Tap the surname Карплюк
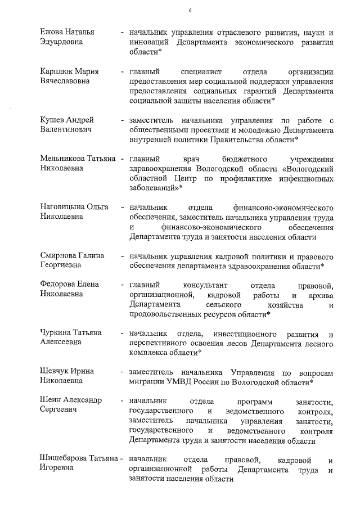click(x=58, y=71)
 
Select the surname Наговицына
click(x=64, y=208)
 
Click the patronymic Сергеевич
click(x=59, y=411)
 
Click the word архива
click(x=320, y=295)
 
